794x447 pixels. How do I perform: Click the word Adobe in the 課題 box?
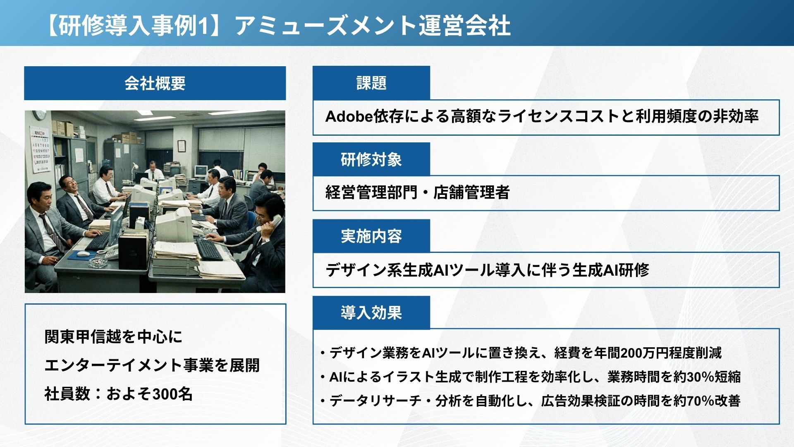click(349, 117)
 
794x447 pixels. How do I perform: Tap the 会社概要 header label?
click(155, 83)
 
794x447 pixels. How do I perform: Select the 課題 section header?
click(371, 83)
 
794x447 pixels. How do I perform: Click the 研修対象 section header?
click(371, 159)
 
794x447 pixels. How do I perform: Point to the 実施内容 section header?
click(371, 236)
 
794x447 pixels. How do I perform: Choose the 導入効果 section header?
click(371, 312)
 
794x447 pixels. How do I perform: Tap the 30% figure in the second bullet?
click(701, 377)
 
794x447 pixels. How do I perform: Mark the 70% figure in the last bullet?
click(701, 401)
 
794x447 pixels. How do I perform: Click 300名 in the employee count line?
click(172, 394)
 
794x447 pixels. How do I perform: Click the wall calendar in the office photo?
click(40, 149)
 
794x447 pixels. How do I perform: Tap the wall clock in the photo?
click(39, 115)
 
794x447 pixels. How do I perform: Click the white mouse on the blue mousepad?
click(84, 253)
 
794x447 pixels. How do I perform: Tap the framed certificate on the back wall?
click(182, 146)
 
